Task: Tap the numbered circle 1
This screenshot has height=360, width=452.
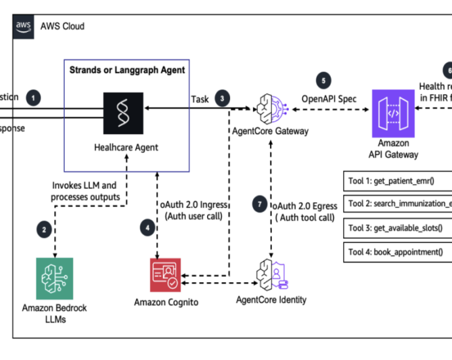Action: click(33, 98)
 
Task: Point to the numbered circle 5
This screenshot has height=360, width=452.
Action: click(322, 81)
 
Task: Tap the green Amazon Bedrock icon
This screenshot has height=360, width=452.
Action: click(54, 279)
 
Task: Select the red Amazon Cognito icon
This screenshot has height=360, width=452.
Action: click(164, 275)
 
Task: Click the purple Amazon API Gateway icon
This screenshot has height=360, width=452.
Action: click(394, 111)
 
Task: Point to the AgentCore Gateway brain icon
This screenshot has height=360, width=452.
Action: click(270, 107)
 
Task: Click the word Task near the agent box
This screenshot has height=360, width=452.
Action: click(200, 99)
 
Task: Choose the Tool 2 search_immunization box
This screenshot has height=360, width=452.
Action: click(397, 204)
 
